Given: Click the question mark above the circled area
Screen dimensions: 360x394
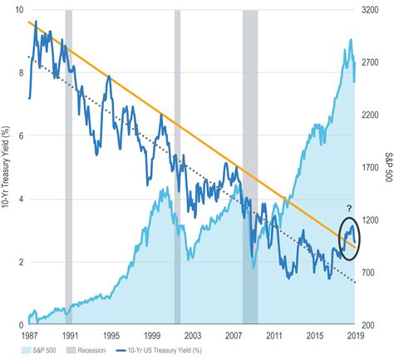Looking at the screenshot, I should (x=349, y=209).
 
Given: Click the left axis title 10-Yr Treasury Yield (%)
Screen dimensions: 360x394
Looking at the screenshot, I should (x=6, y=167).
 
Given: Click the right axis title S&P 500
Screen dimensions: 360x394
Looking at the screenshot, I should (x=387, y=167).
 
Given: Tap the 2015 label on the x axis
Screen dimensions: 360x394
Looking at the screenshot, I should (x=313, y=335).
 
